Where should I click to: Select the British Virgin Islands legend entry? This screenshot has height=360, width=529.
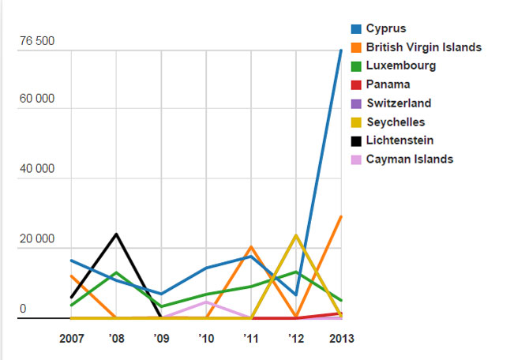pos(423,47)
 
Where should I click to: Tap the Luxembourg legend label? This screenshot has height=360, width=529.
pos(400,66)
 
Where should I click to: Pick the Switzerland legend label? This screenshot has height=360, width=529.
pos(398,103)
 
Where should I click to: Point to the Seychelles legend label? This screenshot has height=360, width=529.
pos(396,122)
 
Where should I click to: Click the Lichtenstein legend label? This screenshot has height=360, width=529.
pos(400,141)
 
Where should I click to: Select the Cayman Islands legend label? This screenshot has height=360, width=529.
pos(409,159)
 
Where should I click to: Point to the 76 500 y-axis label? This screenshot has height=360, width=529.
pos(36,42)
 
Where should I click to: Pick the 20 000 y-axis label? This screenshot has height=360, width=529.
pos(36,238)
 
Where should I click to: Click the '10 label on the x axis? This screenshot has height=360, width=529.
pos(206,339)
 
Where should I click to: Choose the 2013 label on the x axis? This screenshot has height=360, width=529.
pos(340,339)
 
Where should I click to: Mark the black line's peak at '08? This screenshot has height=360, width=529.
pos(117,234)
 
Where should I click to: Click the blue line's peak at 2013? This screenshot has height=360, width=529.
pos(340,51)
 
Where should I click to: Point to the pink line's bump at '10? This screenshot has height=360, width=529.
pos(206,302)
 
